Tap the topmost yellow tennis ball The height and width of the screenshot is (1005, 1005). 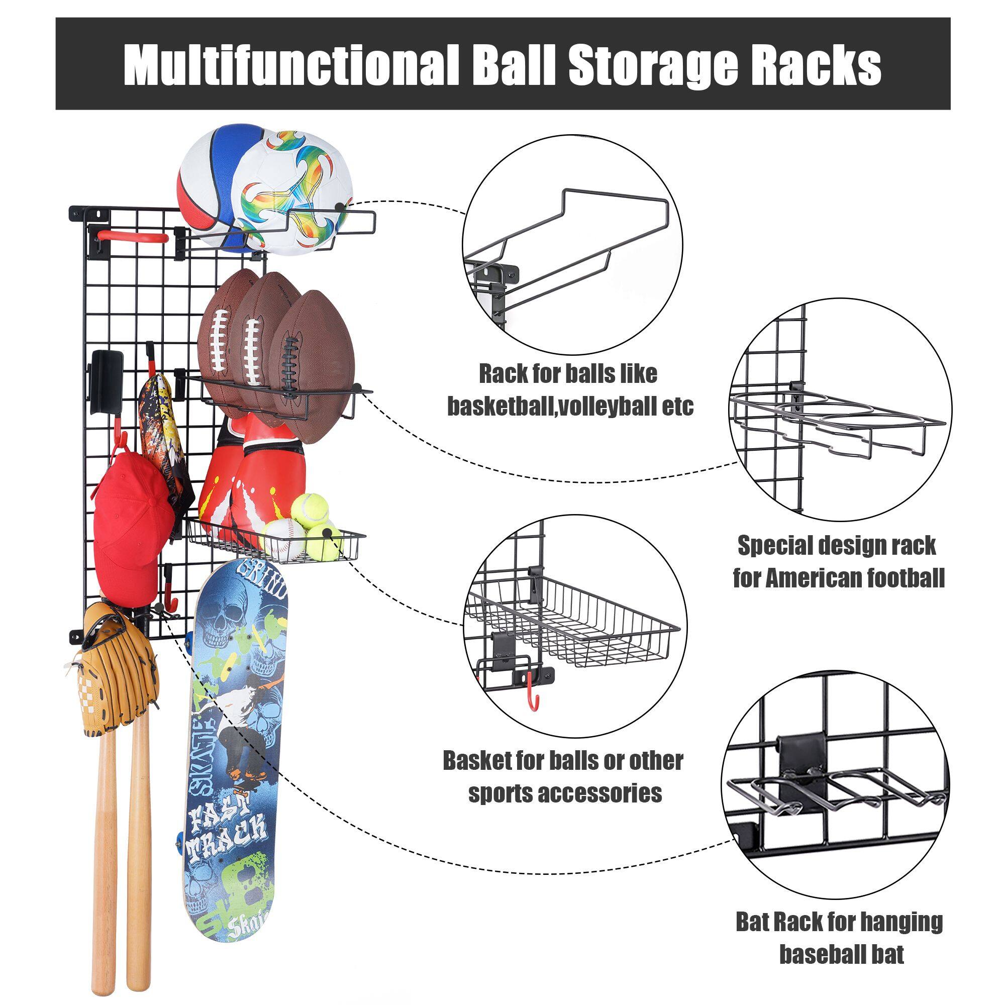pos(310,509)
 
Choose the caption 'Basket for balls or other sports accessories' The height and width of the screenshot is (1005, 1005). pos(563,778)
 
